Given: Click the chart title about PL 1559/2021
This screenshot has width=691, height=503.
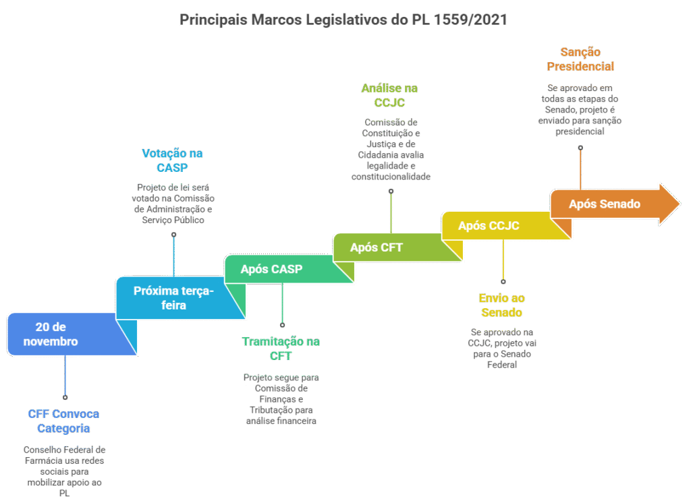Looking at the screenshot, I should (x=343, y=20).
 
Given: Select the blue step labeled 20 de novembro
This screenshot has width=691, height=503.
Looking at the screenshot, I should (x=57, y=334).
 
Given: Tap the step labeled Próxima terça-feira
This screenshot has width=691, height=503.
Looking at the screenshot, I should (x=173, y=297).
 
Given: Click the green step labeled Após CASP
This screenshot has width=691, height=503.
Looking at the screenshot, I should (x=271, y=269).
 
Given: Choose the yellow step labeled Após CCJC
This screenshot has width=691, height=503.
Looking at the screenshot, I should (x=489, y=226).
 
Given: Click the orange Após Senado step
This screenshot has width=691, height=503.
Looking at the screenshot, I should (x=604, y=204).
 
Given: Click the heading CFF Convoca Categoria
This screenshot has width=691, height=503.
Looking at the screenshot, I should (x=63, y=421).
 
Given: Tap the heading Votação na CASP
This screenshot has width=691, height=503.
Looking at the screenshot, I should (x=172, y=160).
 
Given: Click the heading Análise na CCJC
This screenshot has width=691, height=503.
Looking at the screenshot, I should (x=390, y=95).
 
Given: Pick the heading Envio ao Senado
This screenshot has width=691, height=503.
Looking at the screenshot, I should (x=501, y=305).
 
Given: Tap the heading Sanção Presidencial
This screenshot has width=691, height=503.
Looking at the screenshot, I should (x=580, y=59).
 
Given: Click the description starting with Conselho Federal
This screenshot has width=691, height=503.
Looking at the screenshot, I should (x=64, y=471).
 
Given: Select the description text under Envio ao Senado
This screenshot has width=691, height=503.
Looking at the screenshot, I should (x=501, y=348).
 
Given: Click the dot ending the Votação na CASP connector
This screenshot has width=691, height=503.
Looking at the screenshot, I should (x=173, y=235).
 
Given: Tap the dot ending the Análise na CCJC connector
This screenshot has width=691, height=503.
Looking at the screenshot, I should (x=391, y=191).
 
